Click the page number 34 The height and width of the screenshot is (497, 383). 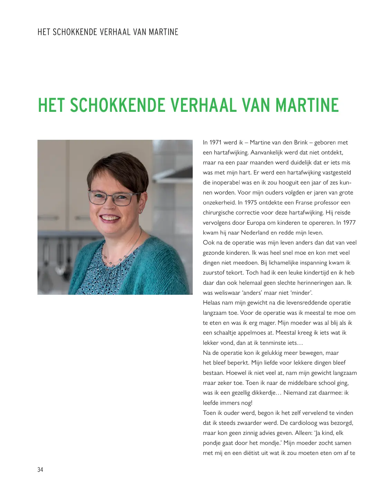[x=40, y=469]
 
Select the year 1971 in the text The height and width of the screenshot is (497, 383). [x=216, y=143]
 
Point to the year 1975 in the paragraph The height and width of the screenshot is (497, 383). [x=251, y=203]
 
